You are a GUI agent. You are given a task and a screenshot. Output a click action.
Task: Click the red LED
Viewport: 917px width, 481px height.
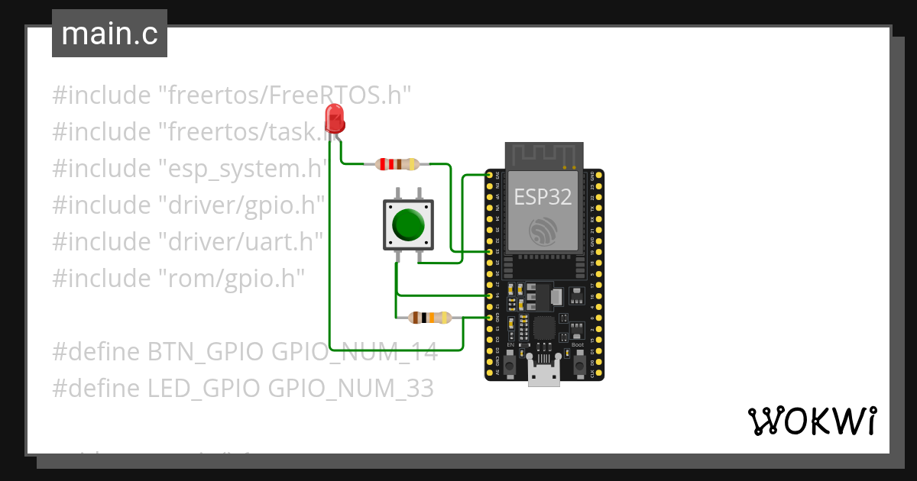click(x=334, y=119)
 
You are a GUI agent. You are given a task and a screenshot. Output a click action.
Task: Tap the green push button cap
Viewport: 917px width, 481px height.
click(x=409, y=224)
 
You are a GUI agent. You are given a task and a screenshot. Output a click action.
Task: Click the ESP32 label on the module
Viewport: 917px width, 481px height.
click(x=543, y=197)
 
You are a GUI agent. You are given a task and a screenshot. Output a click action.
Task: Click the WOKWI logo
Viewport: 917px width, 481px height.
click(x=812, y=421)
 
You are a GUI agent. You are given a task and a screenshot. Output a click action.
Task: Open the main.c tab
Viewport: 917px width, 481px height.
click(x=109, y=34)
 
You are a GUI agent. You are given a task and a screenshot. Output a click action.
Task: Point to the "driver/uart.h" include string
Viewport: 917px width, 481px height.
click(x=240, y=242)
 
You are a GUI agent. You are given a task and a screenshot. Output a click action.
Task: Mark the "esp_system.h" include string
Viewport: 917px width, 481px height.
click(x=243, y=169)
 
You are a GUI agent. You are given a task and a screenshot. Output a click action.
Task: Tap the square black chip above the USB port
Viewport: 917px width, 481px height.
click(x=544, y=328)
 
